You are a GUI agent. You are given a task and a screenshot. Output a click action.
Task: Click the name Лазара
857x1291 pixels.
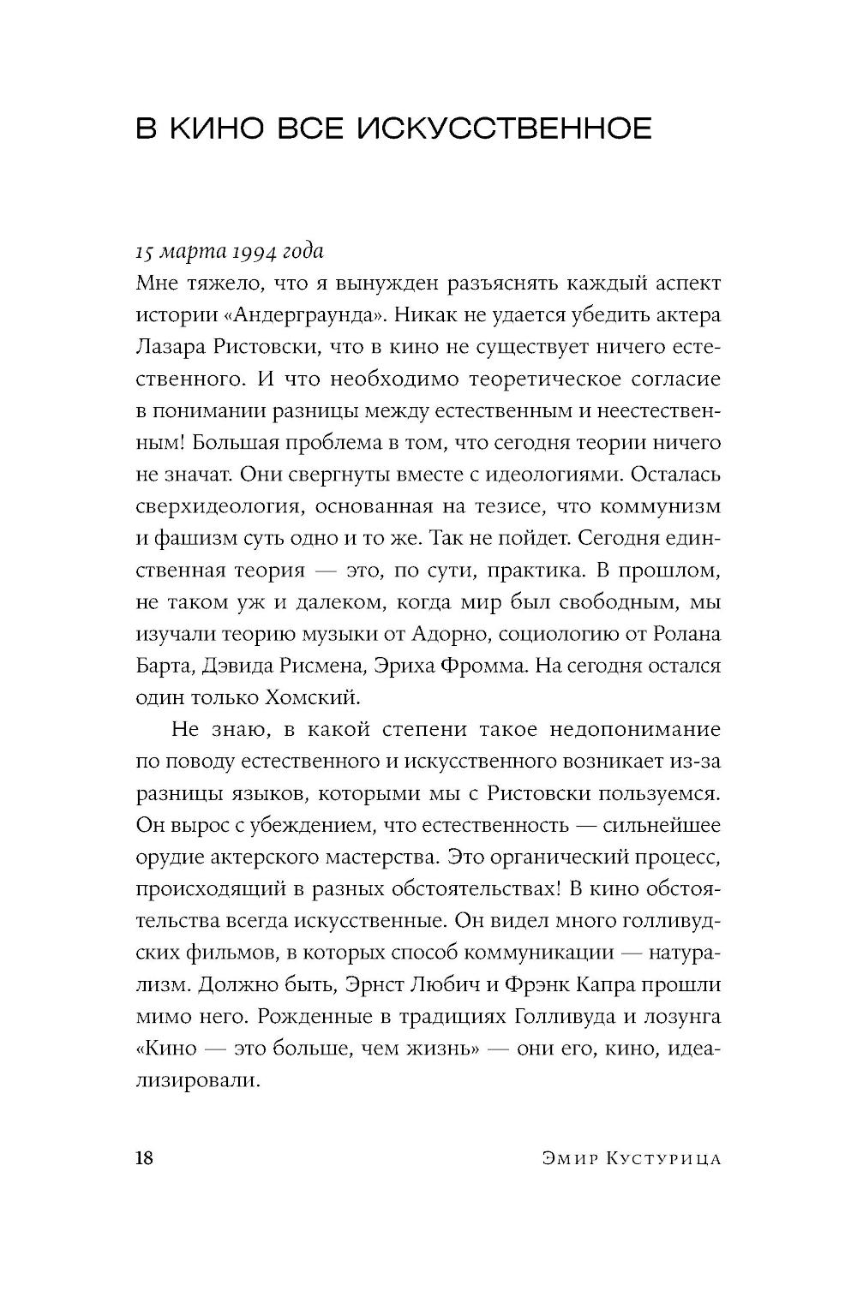(171, 346)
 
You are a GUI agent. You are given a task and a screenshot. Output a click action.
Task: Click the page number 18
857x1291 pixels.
(144, 1159)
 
